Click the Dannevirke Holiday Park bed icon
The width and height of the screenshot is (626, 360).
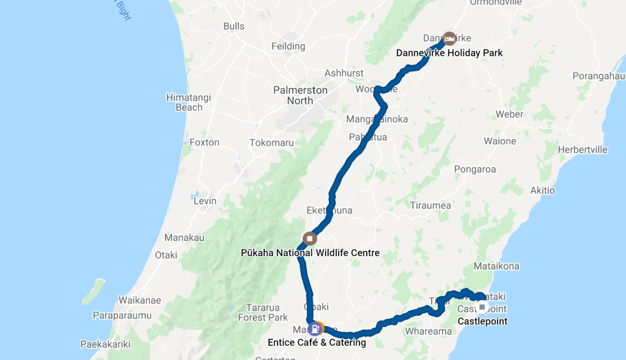pos(449,38)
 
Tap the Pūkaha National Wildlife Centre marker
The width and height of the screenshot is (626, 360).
pos(310,239)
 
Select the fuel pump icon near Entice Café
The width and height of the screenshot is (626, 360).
pos(314,329)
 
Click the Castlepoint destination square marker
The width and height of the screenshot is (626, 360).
pos(482,307)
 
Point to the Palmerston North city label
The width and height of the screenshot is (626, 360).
pos(300,95)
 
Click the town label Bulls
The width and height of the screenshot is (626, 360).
pos(233,26)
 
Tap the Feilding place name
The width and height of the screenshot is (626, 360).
pos(288,46)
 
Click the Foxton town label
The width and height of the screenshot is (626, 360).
pos(204,142)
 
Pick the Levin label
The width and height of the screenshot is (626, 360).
pos(205,201)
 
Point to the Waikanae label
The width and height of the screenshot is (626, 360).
pos(139,301)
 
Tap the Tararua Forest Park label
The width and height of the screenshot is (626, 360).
pos(263,313)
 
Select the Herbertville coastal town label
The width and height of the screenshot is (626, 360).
pos(583,150)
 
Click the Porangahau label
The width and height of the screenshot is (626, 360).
pos(598,76)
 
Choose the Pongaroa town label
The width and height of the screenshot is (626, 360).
pos(475,170)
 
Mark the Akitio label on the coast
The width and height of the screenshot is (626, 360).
pos(542,190)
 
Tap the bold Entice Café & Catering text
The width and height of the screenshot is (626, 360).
pos(316,343)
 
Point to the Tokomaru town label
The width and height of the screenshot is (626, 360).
pos(271,143)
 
